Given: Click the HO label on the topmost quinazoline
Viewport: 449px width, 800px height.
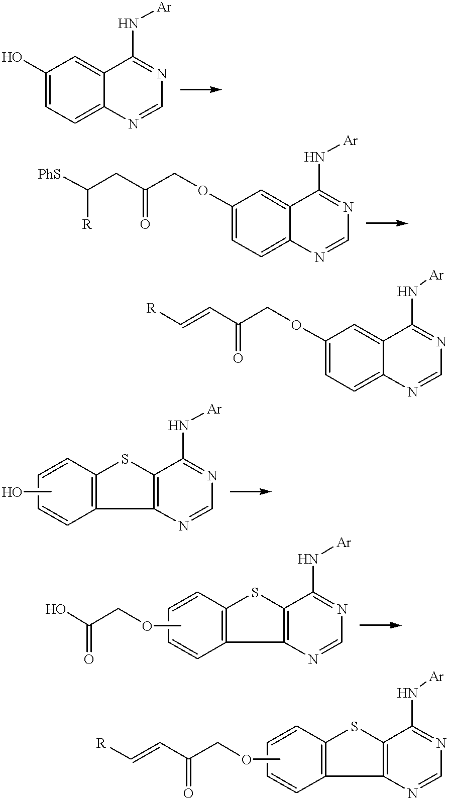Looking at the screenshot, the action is click(13, 58).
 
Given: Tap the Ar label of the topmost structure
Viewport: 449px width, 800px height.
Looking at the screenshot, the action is click(164, 8).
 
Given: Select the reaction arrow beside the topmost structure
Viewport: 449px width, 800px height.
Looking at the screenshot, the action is click(201, 89).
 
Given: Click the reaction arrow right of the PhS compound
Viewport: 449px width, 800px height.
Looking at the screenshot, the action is click(387, 223).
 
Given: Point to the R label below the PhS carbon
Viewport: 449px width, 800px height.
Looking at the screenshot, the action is click(87, 224).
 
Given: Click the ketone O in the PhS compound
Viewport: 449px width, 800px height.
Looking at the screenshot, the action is click(145, 225).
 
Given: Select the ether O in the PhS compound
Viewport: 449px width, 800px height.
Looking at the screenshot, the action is click(203, 191).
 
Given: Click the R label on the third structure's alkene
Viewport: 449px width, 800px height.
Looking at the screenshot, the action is click(152, 308).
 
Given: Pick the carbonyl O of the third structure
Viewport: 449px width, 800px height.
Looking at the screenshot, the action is click(238, 358).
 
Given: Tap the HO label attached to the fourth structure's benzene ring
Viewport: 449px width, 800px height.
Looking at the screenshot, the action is click(13, 492).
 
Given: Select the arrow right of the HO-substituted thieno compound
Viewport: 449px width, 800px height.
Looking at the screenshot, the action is click(251, 492).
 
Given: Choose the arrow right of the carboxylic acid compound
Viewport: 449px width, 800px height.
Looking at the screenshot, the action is click(381, 625).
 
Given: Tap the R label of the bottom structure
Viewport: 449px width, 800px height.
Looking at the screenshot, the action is click(101, 744).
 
